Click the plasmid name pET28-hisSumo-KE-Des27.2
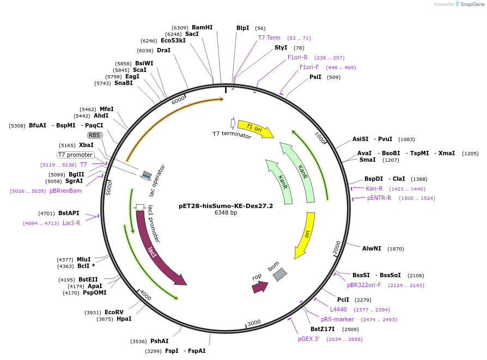[x=226, y=206]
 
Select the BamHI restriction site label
[x=202, y=27]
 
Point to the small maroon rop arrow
[x=260, y=286]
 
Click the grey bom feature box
[x=279, y=274]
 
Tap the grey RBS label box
[x=95, y=135]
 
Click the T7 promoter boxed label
[x=75, y=155]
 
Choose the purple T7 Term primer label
[x=269, y=38]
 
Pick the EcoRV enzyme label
[x=114, y=312]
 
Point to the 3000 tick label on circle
[x=254, y=323]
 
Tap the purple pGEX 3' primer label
[x=309, y=339]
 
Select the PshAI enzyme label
[x=160, y=341]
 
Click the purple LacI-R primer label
[x=71, y=223]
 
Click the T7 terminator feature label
[x=232, y=135]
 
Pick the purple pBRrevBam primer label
[x=65, y=191]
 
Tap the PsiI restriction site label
[x=315, y=77]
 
